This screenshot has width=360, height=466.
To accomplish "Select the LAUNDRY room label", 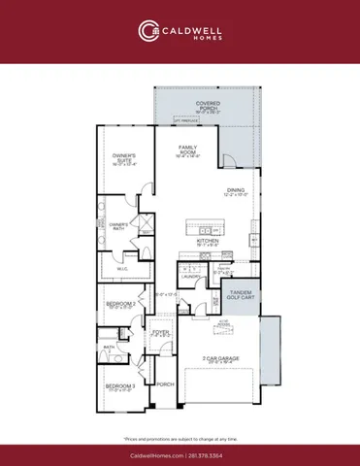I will (190, 277).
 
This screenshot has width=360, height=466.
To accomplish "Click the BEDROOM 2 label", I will (117, 304).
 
